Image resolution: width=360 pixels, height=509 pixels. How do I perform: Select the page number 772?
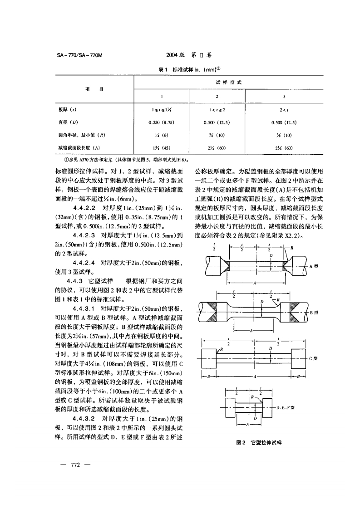(x=72, y=464)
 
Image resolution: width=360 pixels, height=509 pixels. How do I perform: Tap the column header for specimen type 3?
(x=284, y=96)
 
